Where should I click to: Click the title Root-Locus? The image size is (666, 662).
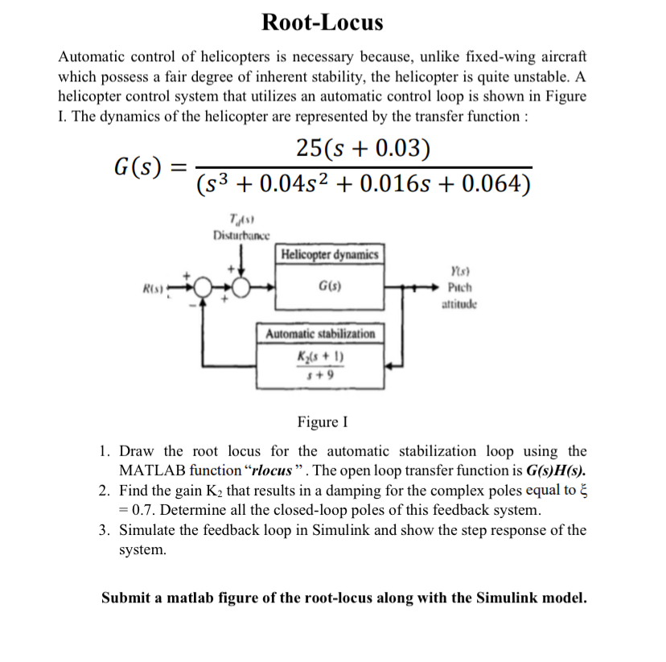(323, 22)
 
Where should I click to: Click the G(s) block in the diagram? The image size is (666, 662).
(327, 286)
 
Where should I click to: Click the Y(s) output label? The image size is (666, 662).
(458, 273)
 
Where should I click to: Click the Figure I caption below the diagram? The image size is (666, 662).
(323, 422)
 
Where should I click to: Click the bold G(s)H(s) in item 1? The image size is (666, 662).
(556, 470)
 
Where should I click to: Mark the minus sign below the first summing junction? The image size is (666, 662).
(191, 306)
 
